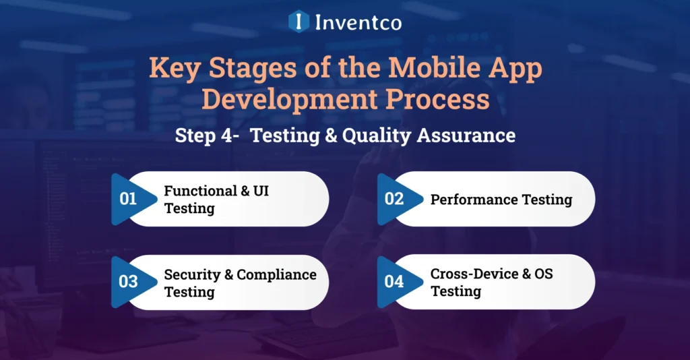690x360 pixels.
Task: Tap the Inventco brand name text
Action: point(358,22)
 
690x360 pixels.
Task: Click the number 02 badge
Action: point(394,199)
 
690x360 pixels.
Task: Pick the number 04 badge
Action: point(394,282)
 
